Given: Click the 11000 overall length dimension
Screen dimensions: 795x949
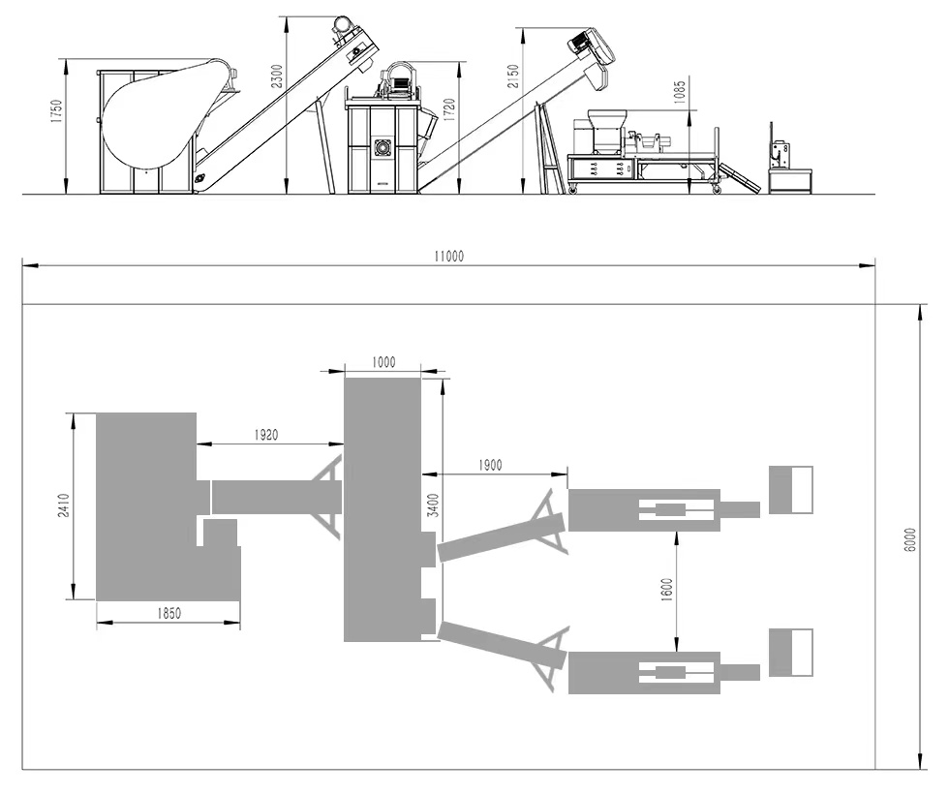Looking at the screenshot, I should (x=449, y=257).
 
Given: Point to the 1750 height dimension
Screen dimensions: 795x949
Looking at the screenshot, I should (x=56, y=111).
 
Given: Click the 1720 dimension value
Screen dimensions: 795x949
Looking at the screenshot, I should (x=448, y=107).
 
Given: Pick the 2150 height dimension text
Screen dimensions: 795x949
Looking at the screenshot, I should (x=512, y=76).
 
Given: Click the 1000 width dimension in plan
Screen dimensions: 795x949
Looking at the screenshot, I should (x=383, y=362).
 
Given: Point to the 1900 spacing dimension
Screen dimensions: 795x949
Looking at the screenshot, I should (x=490, y=466).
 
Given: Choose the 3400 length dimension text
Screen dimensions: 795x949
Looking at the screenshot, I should (x=434, y=505).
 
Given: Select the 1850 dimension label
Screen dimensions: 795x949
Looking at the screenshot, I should (x=168, y=613).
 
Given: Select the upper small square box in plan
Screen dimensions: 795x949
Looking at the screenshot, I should (x=791, y=489).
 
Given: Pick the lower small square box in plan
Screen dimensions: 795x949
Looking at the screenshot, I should (x=791, y=652).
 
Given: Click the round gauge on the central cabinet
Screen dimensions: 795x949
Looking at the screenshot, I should (x=382, y=147).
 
